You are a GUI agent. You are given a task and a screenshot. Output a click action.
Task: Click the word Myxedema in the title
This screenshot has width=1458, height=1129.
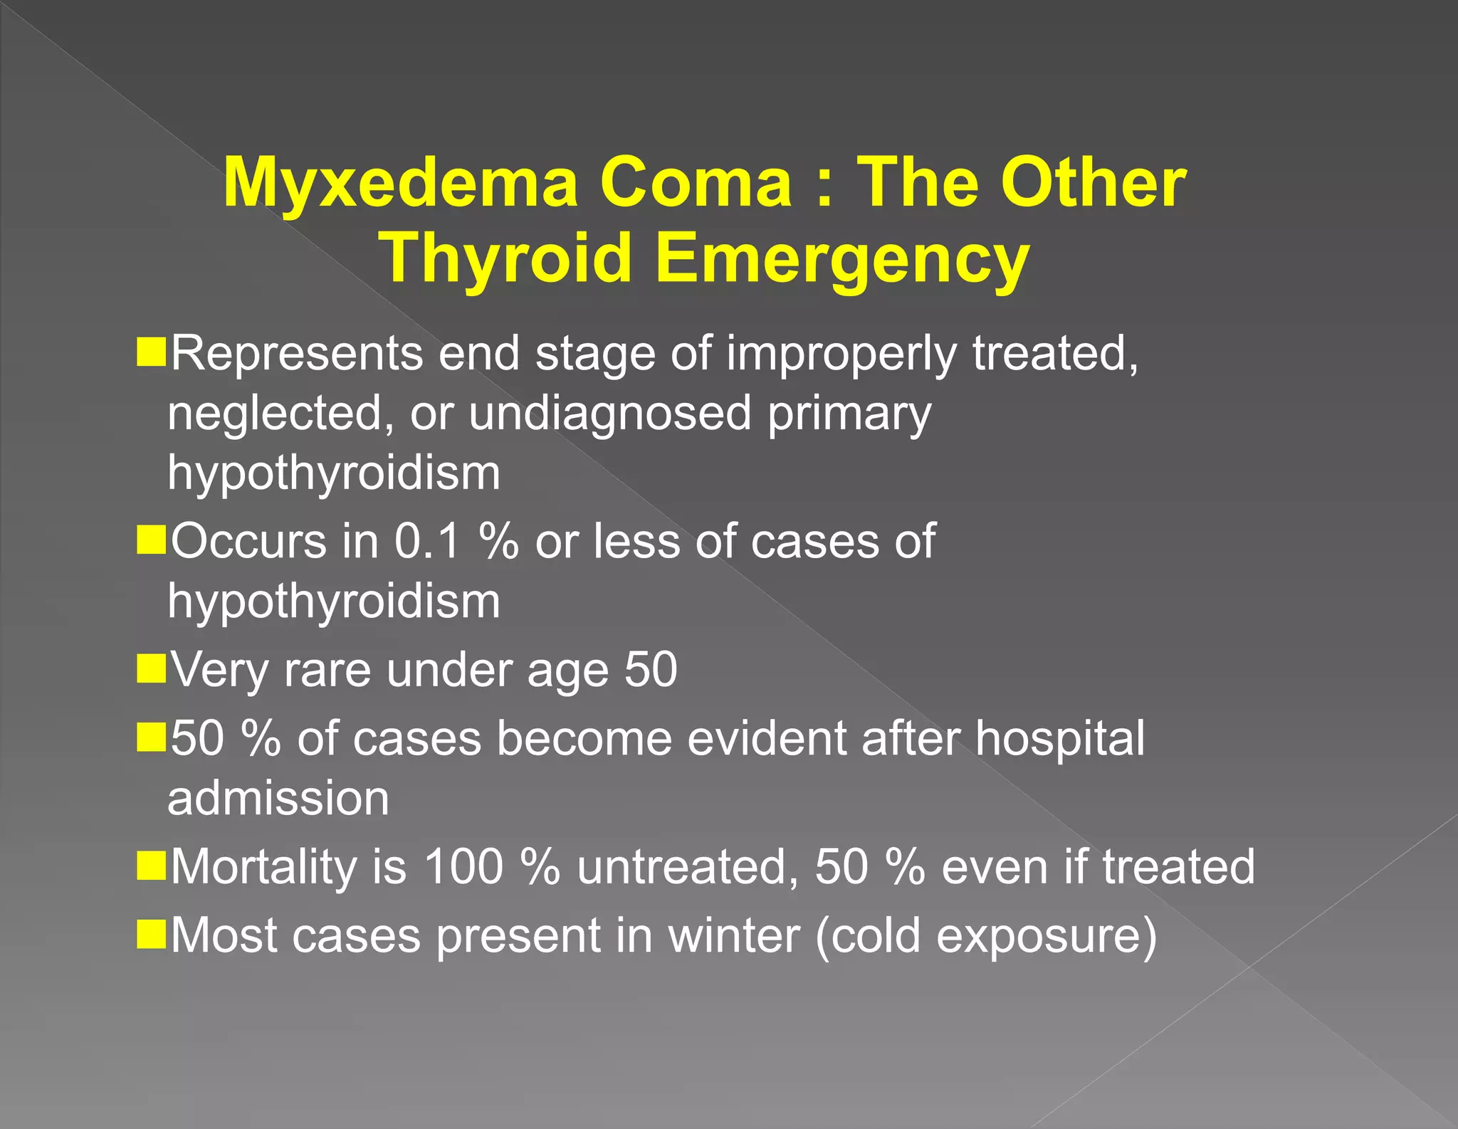pyautogui.click(x=400, y=184)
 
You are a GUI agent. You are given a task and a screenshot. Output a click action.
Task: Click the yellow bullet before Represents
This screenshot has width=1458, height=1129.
pyautogui.click(x=151, y=353)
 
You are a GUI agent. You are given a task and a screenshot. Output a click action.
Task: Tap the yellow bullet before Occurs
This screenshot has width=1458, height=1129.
pyautogui.click(x=151, y=540)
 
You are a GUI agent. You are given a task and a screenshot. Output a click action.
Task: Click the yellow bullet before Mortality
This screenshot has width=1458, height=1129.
pyautogui.click(x=151, y=866)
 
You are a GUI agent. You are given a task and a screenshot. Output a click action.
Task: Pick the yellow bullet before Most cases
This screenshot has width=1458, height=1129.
pyautogui.click(x=151, y=934)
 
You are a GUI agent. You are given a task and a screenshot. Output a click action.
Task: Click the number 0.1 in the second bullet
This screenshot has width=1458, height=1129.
pyautogui.click(x=429, y=541)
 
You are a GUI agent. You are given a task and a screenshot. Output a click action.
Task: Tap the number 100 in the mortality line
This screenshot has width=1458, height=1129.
pyautogui.click(x=463, y=867)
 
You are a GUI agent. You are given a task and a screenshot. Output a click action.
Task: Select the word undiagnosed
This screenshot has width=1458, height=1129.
pyautogui.click(x=610, y=413)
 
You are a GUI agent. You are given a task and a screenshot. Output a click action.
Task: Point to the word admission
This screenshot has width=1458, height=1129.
pyautogui.click(x=278, y=798)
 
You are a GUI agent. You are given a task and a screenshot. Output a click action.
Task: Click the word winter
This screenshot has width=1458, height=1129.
pyautogui.click(x=733, y=935)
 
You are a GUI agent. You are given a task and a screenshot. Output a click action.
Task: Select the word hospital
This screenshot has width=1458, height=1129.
pyautogui.click(x=1060, y=739)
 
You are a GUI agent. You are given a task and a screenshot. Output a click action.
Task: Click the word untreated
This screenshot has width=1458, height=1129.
pyautogui.click(x=688, y=867)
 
